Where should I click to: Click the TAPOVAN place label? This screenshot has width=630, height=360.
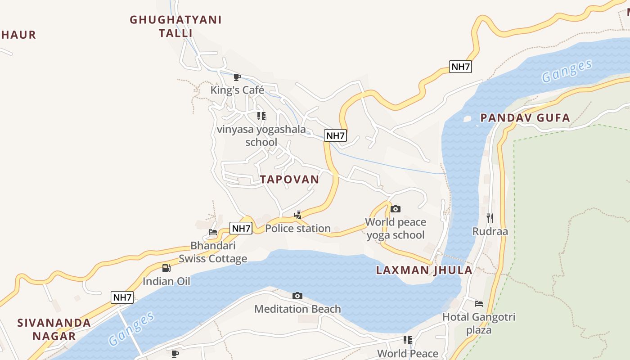(x=289, y=179)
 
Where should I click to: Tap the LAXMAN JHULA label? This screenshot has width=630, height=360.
(x=424, y=270)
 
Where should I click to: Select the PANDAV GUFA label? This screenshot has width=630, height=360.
(x=525, y=118)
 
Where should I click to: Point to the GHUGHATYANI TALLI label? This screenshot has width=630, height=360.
(x=175, y=26)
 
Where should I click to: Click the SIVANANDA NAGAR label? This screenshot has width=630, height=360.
(x=54, y=329)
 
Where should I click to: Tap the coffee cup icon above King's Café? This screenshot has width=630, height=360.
(x=237, y=77)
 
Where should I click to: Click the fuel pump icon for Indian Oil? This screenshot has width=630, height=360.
(x=166, y=268)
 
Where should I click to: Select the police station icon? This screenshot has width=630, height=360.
(x=297, y=215)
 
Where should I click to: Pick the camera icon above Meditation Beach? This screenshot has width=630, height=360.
(x=297, y=296)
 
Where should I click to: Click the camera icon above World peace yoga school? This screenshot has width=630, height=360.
(x=396, y=209)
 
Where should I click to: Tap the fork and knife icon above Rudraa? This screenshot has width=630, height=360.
(x=490, y=218)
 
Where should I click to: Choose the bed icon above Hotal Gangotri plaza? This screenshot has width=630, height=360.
(x=479, y=304)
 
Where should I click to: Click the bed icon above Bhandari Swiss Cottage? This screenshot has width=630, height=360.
(x=213, y=233)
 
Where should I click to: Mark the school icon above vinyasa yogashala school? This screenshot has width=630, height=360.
(x=261, y=116)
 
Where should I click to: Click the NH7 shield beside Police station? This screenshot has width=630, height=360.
(x=241, y=228)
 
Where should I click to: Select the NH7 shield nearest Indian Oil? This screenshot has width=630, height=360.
(x=122, y=297)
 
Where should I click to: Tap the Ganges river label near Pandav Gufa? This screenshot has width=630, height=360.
(x=567, y=71)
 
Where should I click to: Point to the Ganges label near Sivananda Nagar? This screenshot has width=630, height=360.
(x=131, y=328)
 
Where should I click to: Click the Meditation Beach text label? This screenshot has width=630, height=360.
(x=297, y=309)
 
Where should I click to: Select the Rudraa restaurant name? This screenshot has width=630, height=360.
(x=490, y=231)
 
